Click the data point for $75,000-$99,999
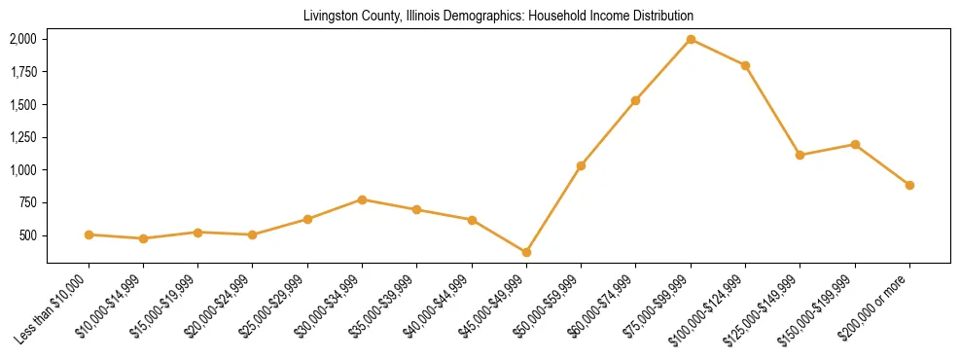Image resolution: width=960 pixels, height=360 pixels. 691,39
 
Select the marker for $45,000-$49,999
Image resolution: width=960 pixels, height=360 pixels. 526,252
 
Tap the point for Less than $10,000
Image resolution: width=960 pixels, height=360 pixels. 89,234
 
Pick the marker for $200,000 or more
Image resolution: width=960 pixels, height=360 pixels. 909,185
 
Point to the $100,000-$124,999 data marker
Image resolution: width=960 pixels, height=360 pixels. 745,65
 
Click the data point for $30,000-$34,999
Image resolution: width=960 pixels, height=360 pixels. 362,199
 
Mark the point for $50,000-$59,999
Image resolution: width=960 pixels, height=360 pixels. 581,165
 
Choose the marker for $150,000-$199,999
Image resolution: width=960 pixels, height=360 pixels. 855,144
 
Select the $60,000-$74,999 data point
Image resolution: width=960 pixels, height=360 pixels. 635,100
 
